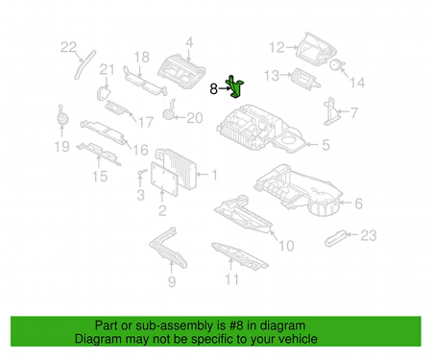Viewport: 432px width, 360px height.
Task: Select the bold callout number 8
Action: pyautogui.click(x=213, y=88)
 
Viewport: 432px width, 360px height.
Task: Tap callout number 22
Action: pyautogui.click(x=69, y=47)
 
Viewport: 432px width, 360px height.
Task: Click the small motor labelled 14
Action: pyautogui.click(x=336, y=64)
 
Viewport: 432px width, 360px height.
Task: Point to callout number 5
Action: pyautogui.click(x=325, y=145)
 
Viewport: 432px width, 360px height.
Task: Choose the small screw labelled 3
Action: pyautogui.click(x=141, y=173)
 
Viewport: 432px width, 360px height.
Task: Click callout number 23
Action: pyautogui.click(x=369, y=235)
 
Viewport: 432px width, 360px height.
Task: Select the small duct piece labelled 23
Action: pyautogui.click(x=335, y=238)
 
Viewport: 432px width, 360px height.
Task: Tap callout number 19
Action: pyautogui.click(x=61, y=147)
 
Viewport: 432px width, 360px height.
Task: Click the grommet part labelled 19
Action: pyautogui.click(x=62, y=117)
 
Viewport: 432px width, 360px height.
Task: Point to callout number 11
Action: pyautogui.click(x=231, y=279)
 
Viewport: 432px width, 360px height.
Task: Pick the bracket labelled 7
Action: pyautogui.click(x=329, y=112)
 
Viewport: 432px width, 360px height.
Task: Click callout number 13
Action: pyautogui.click(x=272, y=76)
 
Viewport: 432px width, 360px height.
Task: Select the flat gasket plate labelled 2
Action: pyautogui.click(x=164, y=180)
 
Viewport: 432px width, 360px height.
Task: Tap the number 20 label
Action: pyautogui.click(x=195, y=118)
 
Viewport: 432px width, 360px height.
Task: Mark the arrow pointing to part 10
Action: pyautogui.click(x=274, y=235)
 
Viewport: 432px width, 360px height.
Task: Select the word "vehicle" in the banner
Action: pyautogui.click(x=298, y=339)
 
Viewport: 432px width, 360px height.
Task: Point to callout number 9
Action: pyautogui.click(x=172, y=282)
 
